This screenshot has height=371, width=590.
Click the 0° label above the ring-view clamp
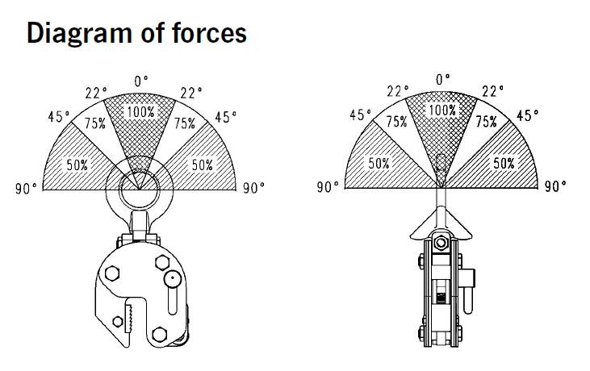click(141, 81)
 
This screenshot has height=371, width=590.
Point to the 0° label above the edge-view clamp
click(442, 79)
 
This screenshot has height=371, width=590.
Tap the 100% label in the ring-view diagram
click(141, 111)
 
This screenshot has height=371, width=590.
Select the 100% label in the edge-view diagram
click(441, 110)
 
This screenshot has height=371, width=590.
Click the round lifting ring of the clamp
click(140, 190)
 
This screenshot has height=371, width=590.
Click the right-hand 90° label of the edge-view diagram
click(555, 186)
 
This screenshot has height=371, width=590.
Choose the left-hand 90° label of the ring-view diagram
click(27, 189)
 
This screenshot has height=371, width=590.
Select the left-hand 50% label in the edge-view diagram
click(380, 163)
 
